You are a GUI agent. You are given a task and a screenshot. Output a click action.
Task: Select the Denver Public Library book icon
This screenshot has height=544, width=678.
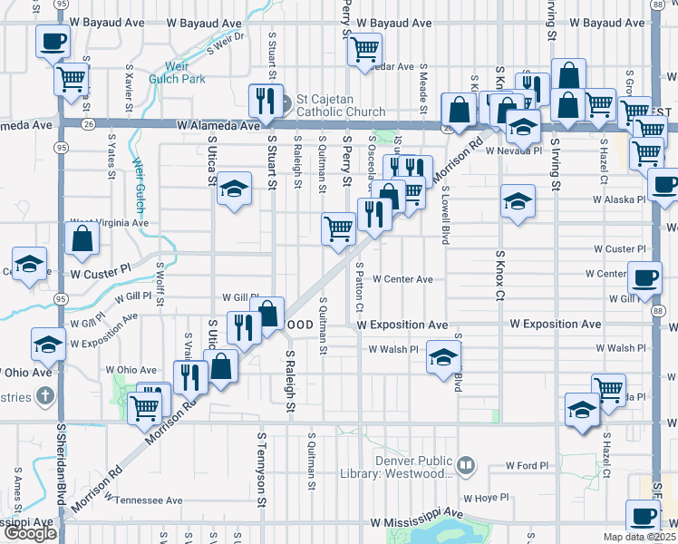pyautogui.click(x=466, y=466)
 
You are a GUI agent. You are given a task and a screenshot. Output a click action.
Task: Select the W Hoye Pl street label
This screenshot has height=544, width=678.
pyautogui.click(x=487, y=498)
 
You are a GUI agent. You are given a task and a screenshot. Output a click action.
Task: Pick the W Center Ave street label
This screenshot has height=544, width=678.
pyautogui.click(x=402, y=279)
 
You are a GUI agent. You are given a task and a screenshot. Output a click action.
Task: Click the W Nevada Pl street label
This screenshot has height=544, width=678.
pyautogui.click(x=514, y=151)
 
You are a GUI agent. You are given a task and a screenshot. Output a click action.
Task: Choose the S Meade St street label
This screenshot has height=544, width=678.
pyautogui.click(x=423, y=88)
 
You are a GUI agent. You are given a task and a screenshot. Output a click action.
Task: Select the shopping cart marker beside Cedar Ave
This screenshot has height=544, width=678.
pyautogui.click(x=364, y=49)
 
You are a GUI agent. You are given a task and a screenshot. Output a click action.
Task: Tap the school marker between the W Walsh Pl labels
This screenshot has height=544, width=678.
pyautogui.click(x=443, y=355)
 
